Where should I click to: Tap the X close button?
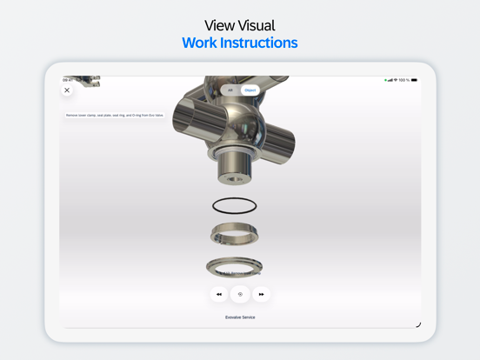point(67,90)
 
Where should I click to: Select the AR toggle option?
point(230,90)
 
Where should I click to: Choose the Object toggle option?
point(250,90)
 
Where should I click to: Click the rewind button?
point(218,294)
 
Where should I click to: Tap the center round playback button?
point(240,294)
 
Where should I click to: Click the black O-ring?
point(235,206)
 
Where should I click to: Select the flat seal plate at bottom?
point(235,267)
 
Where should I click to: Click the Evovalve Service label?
point(240,317)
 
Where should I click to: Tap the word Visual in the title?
point(257,24)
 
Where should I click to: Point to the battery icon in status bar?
point(414,80)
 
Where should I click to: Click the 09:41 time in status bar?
point(68,80)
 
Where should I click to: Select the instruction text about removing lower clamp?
point(115,115)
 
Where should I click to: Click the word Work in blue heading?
point(200,43)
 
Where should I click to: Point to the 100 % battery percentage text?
point(403,80)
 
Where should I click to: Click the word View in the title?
point(220,24)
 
